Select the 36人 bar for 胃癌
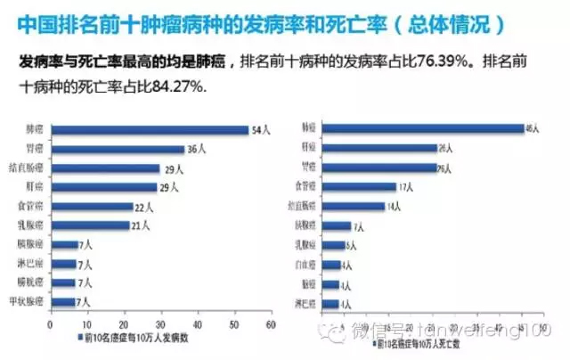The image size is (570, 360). [121, 149]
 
